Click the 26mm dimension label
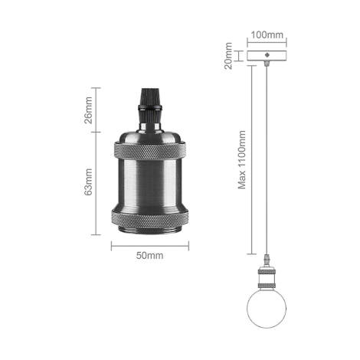tap(88, 110)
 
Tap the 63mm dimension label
tap(88, 182)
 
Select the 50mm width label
tap(149, 255)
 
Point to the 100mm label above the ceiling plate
tap(267, 34)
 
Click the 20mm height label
tap(228, 56)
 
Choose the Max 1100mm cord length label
tap(241, 160)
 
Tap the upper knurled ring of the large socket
tap(150, 151)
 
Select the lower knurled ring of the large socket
tap(150, 218)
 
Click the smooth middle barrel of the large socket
tap(150, 185)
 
